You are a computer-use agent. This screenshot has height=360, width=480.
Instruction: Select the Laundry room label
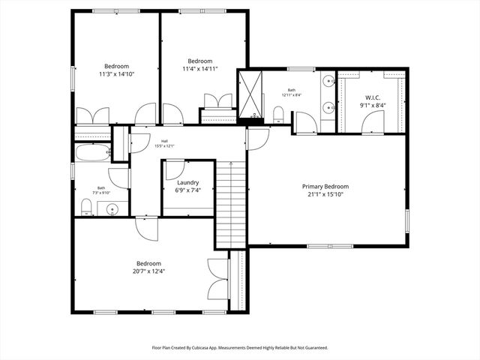[187, 182]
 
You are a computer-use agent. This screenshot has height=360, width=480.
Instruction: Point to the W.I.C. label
[373, 97]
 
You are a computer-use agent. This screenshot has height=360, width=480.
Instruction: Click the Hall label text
[163, 140]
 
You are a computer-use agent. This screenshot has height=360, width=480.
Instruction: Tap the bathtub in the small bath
[91, 152]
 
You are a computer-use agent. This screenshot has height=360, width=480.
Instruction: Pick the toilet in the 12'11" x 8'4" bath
[278, 114]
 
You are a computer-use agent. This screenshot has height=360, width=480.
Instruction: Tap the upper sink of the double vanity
[328, 81]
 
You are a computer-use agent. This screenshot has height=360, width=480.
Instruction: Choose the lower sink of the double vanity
[328, 108]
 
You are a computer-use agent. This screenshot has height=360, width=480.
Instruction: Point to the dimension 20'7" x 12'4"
[149, 271]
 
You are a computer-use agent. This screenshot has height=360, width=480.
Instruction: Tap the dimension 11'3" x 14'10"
[116, 74]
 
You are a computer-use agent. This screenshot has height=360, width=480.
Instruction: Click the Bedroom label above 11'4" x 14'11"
[200, 61]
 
